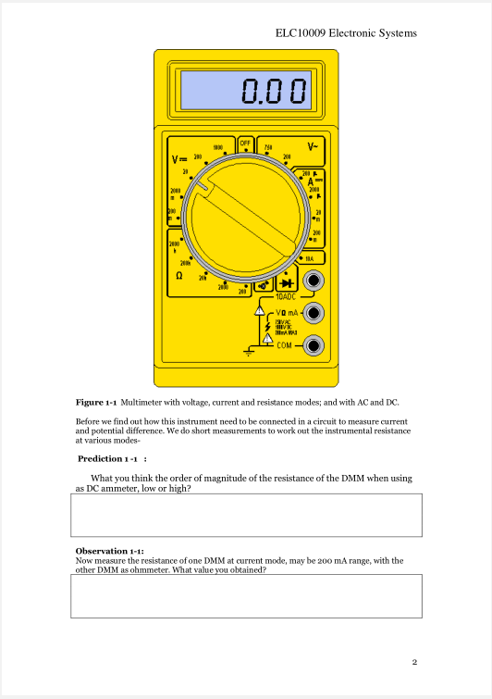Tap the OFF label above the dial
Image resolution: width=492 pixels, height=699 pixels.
(245, 144)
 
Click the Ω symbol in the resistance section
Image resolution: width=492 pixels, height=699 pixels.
(178, 276)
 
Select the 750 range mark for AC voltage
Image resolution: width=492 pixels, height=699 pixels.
(268, 147)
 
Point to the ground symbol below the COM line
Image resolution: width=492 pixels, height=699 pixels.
(249, 353)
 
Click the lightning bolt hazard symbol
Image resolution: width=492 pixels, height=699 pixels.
(268, 327)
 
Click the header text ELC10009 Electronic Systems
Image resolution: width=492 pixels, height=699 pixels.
(346, 33)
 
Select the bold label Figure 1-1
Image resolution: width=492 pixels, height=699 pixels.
(96, 403)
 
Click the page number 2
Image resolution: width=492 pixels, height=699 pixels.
(415, 661)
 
